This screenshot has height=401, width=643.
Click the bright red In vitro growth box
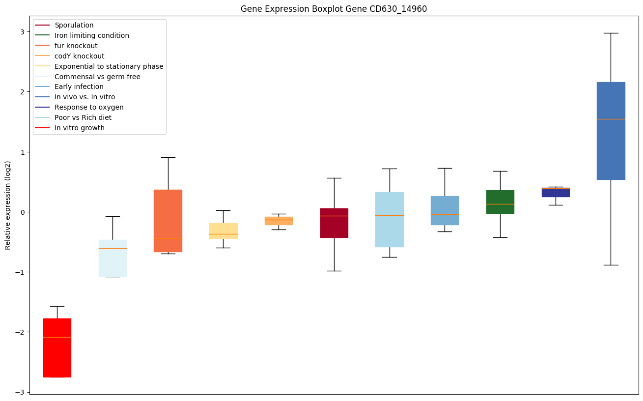click(x=57, y=347)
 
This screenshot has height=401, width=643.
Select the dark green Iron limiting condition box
click(x=500, y=201)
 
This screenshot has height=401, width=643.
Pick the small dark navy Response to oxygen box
click(x=556, y=192)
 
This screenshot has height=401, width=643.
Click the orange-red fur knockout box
click(x=168, y=221)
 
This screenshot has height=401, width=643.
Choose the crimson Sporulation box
click(x=334, y=223)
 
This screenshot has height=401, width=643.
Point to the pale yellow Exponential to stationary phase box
click(x=223, y=230)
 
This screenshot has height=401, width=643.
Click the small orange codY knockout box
click(x=279, y=221)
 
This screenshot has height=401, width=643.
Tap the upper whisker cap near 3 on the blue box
click(x=611, y=33)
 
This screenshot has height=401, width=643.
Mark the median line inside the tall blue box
click(x=611, y=119)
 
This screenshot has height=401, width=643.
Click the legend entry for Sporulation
click(x=74, y=25)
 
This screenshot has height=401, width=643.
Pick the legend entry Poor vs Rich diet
click(x=83, y=117)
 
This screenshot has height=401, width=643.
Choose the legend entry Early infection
click(x=79, y=87)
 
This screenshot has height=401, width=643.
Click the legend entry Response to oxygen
click(x=89, y=107)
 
